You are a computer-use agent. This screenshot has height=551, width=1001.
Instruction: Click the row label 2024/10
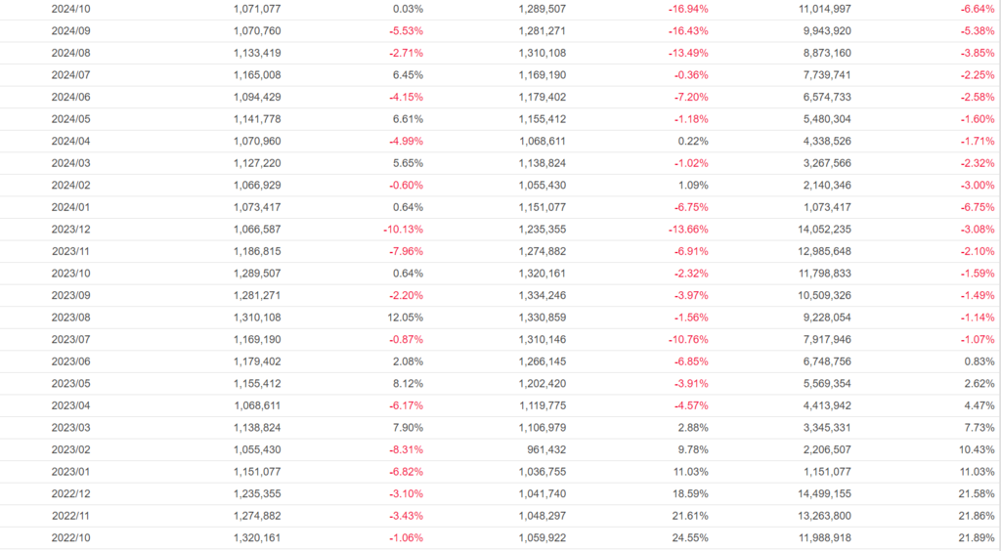[x=70, y=8]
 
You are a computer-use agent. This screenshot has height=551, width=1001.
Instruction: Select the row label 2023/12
[x=70, y=229]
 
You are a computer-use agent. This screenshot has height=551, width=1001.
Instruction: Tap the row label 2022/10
[x=70, y=537]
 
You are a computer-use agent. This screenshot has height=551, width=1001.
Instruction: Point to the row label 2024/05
[x=70, y=118]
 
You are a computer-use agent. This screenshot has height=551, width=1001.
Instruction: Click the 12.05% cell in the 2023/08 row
[x=404, y=317]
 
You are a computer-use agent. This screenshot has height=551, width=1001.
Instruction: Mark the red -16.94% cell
[x=687, y=8]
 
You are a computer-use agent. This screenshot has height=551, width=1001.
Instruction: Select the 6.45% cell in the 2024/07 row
[x=407, y=74]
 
